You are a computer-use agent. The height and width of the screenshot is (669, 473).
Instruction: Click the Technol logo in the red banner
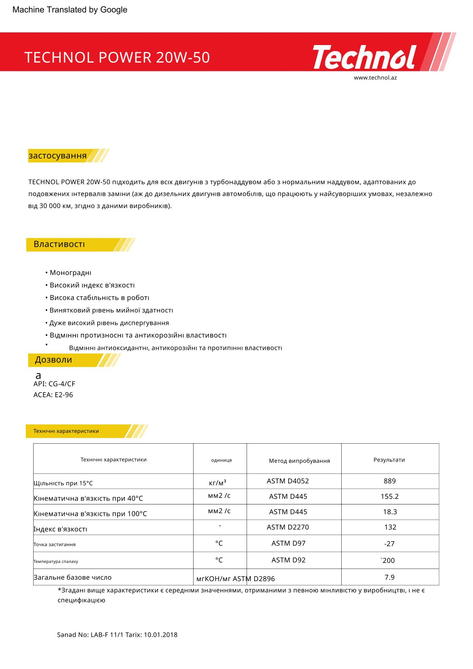365,57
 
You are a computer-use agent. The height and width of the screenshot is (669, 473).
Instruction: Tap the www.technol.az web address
375,78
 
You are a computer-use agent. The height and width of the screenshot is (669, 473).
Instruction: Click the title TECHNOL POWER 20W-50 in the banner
117,58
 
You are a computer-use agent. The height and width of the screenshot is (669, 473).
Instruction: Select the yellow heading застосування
58,156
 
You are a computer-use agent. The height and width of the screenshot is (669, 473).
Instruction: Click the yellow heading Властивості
59,244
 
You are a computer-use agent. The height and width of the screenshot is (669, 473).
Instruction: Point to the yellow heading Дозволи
53,360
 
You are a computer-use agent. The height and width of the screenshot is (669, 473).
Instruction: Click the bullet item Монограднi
70,273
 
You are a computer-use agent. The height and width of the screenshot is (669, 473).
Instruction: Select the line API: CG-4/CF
54,384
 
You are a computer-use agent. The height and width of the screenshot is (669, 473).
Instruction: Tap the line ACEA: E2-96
53,395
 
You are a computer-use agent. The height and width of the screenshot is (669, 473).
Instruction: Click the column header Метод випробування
299,461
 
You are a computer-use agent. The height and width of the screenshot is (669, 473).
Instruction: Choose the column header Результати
389,460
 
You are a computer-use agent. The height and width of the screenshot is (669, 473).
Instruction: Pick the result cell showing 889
389,481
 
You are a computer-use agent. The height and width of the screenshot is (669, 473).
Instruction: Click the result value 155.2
389,496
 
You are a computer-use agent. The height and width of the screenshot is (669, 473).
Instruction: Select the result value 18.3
390,512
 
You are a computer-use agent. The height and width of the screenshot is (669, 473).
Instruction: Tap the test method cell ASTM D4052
288,481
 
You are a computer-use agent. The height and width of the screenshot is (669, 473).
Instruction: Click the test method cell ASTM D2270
288,527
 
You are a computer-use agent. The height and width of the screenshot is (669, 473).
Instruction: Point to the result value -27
389,544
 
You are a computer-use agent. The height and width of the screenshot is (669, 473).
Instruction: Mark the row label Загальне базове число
73,577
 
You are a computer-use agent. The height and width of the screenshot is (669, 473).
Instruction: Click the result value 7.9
389,577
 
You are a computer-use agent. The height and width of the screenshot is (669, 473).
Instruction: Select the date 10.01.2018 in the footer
160,635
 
